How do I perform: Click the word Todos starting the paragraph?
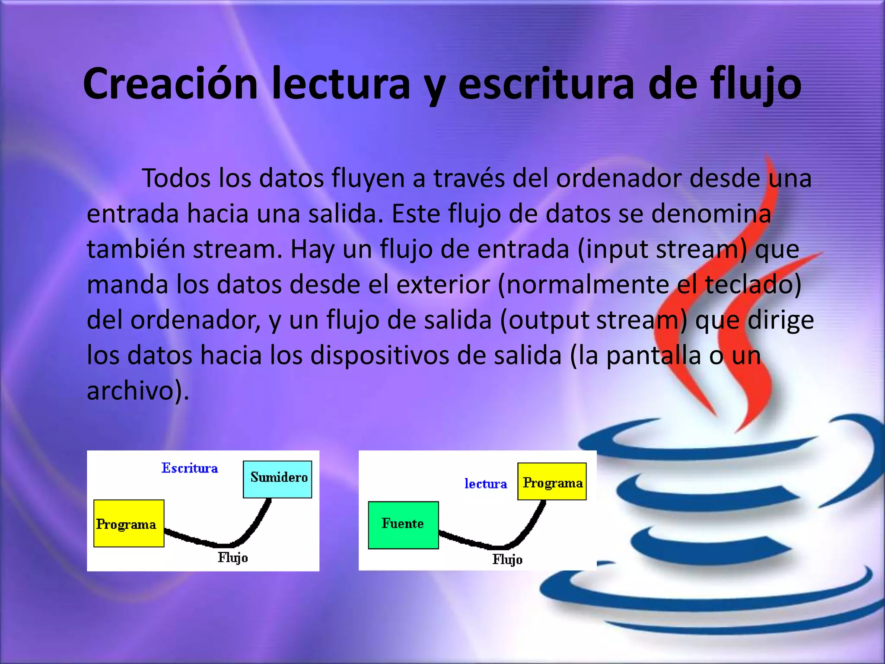click(x=176, y=178)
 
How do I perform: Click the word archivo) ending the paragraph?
click(x=137, y=391)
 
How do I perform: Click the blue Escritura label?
click(x=190, y=468)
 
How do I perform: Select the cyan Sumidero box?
click(x=277, y=479)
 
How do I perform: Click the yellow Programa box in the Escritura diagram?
click(x=128, y=524)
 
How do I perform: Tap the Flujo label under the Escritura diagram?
click(x=232, y=558)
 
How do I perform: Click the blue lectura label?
click(x=486, y=484)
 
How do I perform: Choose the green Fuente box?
click(x=403, y=525)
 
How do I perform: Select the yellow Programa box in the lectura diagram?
click(x=552, y=482)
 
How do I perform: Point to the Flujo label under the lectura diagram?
click(x=507, y=560)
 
